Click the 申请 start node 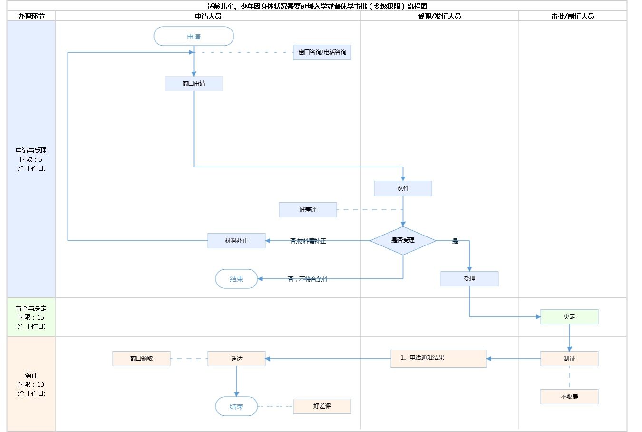194,36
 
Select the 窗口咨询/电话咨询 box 322,52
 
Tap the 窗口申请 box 194,84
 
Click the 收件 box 403,188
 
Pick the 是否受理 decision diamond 403,241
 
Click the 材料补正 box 236,241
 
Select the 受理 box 469,279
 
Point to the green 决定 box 569,317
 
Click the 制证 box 569,359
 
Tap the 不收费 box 569,397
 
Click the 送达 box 236,359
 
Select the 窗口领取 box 141,359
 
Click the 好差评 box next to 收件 308,210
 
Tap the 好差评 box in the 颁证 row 322,406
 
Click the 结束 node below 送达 236,406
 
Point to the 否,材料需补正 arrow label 308,241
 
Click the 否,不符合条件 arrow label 308,279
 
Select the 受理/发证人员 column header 439,16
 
